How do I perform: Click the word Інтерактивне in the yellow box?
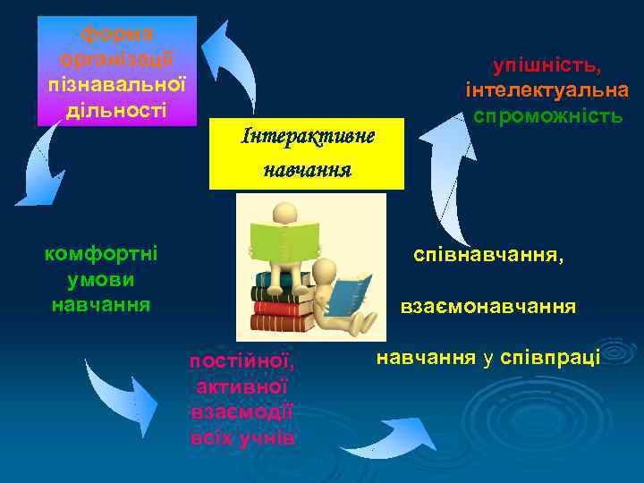point(307,137)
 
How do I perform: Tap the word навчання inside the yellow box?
point(307,168)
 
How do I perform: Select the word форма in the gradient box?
point(117,34)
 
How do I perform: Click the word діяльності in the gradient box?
point(117,111)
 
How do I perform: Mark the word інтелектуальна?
point(547,91)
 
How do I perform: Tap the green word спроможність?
point(547,116)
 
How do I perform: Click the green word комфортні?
point(100,253)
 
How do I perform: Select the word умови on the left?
point(100,279)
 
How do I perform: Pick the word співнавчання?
point(488,256)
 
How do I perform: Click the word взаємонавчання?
point(487,307)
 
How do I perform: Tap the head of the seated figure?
point(284,212)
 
